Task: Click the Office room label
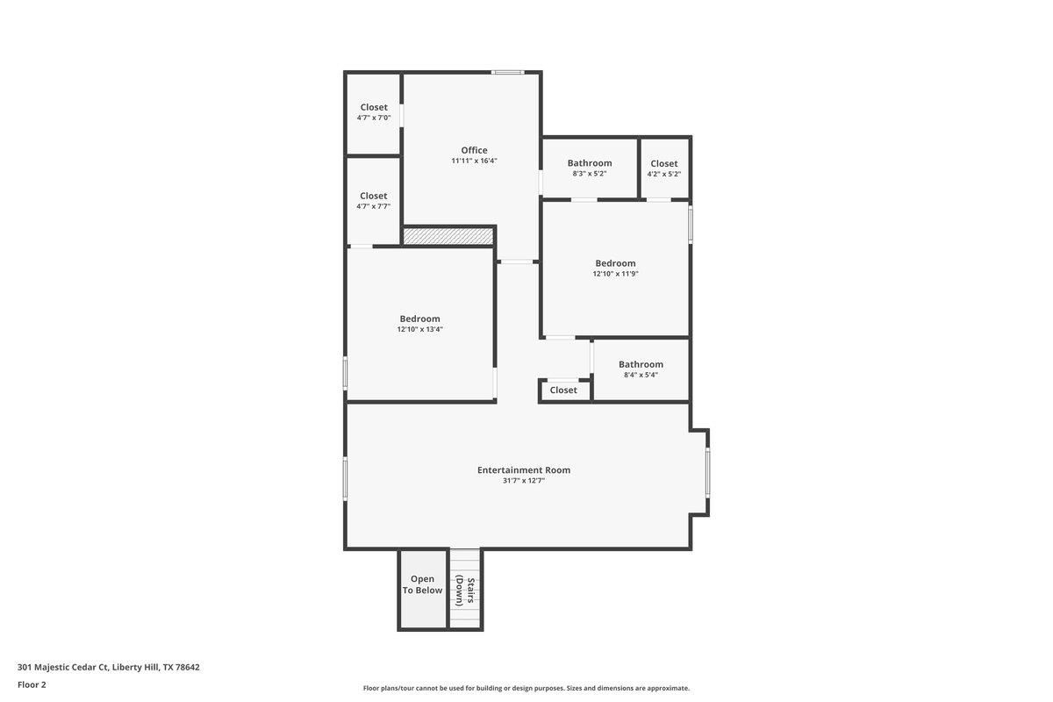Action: click(474, 150)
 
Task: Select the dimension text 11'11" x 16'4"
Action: click(474, 161)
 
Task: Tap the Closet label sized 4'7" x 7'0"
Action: click(374, 107)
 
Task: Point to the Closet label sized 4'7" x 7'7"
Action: click(373, 196)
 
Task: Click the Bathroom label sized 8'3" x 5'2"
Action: click(590, 163)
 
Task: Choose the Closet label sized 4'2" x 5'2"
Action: click(664, 163)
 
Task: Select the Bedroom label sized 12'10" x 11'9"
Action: click(615, 263)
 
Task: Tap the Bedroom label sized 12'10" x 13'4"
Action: click(419, 319)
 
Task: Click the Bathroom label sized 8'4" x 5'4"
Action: click(641, 364)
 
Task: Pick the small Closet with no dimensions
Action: click(563, 390)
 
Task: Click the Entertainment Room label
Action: click(524, 470)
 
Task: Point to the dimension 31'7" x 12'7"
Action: click(524, 481)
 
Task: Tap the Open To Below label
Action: click(422, 584)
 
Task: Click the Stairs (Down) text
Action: click(465, 591)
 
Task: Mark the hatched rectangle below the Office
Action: click(448, 236)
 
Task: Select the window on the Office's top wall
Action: click(507, 72)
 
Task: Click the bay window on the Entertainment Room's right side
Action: click(707, 472)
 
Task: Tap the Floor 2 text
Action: click(32, 684)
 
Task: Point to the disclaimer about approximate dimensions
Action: click(526, 688)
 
